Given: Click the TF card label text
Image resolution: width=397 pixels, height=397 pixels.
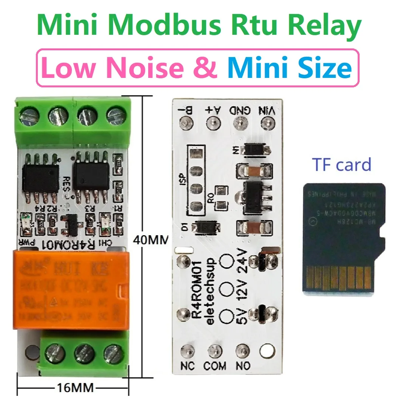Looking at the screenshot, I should point(342,165).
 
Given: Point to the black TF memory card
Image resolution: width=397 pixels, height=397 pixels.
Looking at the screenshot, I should point(344,238).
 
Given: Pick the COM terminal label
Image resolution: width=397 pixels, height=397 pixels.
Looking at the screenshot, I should point(215,366).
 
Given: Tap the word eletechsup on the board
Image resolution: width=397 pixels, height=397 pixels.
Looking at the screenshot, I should point(209,291).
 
